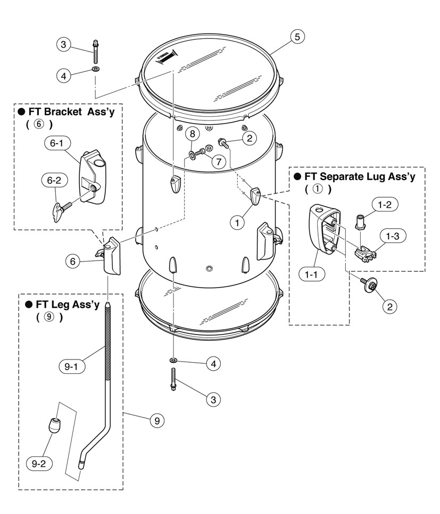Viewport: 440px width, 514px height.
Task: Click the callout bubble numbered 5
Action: pyautogui.click(x=297, y=36)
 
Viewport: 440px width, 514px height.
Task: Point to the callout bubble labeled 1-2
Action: pyautogui.click(x=389, y=205)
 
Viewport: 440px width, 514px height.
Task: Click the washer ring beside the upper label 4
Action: pyautogui.click(x=96, y=69)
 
